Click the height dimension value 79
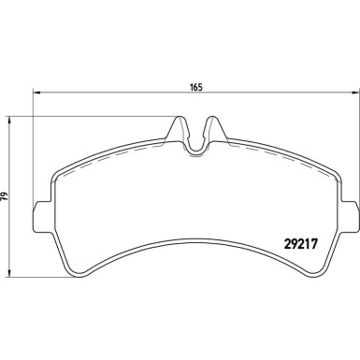click(5, 198)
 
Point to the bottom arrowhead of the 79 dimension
click(10, 278)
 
